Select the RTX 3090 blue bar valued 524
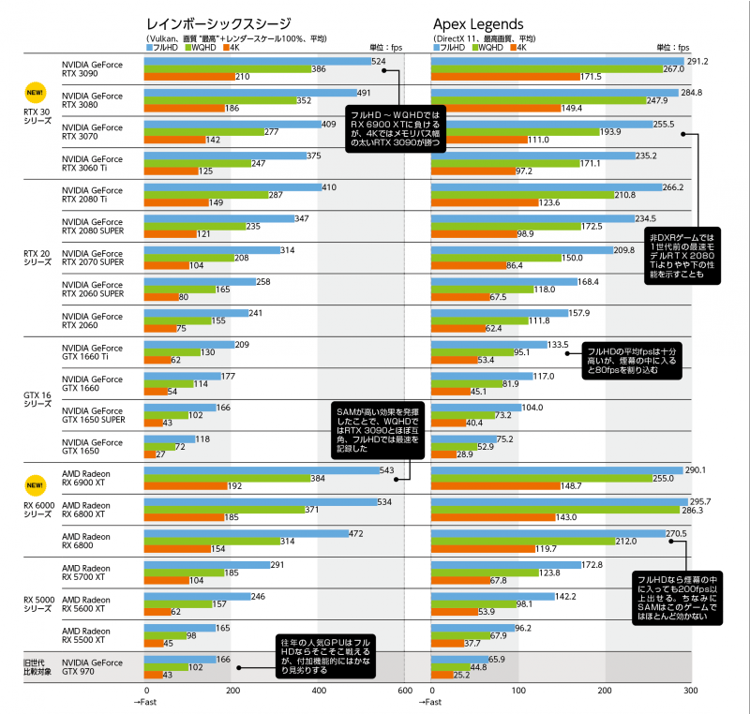tap(257, 61)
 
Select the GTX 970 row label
tap(91, 667)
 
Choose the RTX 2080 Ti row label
tap(91, 195)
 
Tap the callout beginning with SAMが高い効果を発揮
tap(378, 429)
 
